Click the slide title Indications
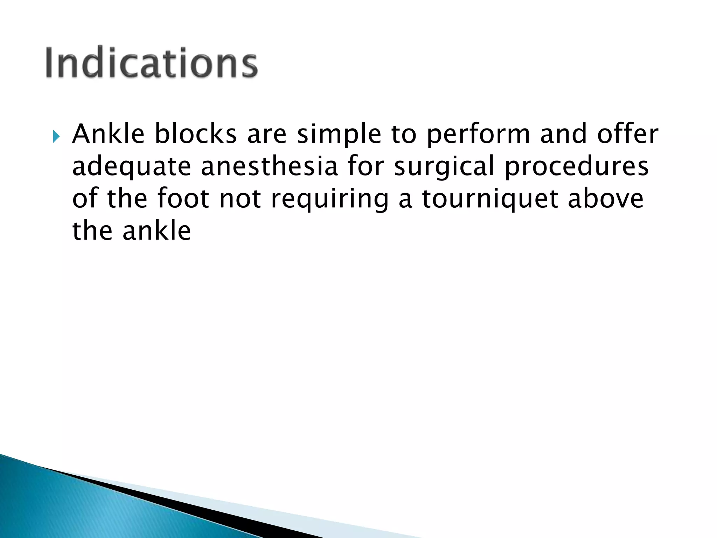(151, 62)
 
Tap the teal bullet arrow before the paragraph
(56, 136)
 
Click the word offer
(628, 134)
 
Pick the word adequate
(131, 167)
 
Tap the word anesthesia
(269, 166)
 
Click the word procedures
(577, 167)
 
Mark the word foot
(183, 199)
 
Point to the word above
(605, 199)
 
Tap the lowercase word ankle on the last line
(156, 231)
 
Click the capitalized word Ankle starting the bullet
(108, 134)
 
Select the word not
(240, 199)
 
